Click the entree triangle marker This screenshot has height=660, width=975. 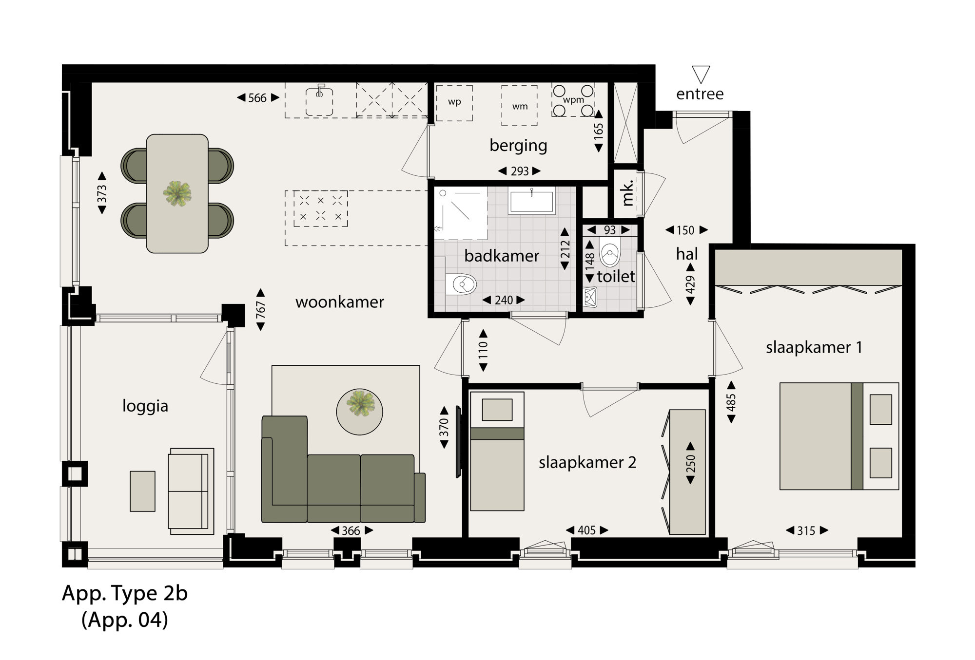(701, 75)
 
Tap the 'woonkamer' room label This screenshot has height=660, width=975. (339, 302)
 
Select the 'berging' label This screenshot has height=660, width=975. (518, 146)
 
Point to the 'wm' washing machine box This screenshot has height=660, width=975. (520, 106)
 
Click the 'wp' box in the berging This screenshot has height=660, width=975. (454, 103)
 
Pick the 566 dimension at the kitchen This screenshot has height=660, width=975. (257, 98)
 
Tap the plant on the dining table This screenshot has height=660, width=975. (177, 193)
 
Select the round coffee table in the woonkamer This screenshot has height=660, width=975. (359, 412)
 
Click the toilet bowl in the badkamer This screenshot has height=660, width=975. (461, 284)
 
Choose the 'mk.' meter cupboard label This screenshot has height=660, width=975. (627, 193)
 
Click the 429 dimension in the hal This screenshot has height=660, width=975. (690, 284)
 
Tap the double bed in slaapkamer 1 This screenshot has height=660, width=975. (839, 436)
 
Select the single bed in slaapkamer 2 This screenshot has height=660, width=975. (497, 451)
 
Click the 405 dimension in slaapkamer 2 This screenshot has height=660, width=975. (587, 530)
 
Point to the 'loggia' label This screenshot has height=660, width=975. (145, 406)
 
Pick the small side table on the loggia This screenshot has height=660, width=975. (142, 491)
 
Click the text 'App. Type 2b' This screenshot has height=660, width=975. (125, 593)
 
